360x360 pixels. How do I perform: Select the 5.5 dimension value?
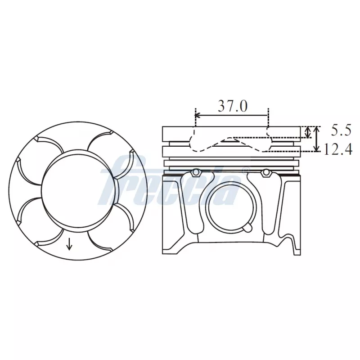[341, 130]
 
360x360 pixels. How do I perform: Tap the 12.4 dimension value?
[337, 150]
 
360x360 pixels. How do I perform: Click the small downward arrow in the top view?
[69, 243]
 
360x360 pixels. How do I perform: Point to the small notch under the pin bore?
[247, 227]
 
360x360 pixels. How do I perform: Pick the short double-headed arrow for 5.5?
[308, 132]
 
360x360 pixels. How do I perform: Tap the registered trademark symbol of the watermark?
[245, 170]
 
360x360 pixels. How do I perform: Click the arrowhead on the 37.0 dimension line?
[198, 116]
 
